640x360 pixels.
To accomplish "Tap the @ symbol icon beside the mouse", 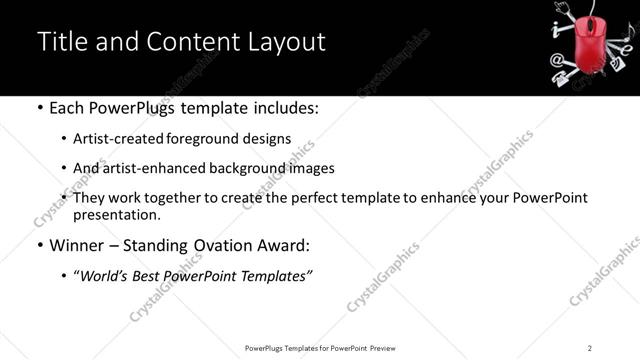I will coord(556,60).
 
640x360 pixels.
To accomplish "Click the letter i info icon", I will coord(556,28).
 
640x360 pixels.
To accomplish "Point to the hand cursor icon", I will coord(561,7).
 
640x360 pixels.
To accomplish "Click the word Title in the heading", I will coord(59,42).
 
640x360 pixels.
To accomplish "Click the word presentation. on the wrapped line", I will coord(116,214).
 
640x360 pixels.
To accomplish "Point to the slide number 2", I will coord(590,348).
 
